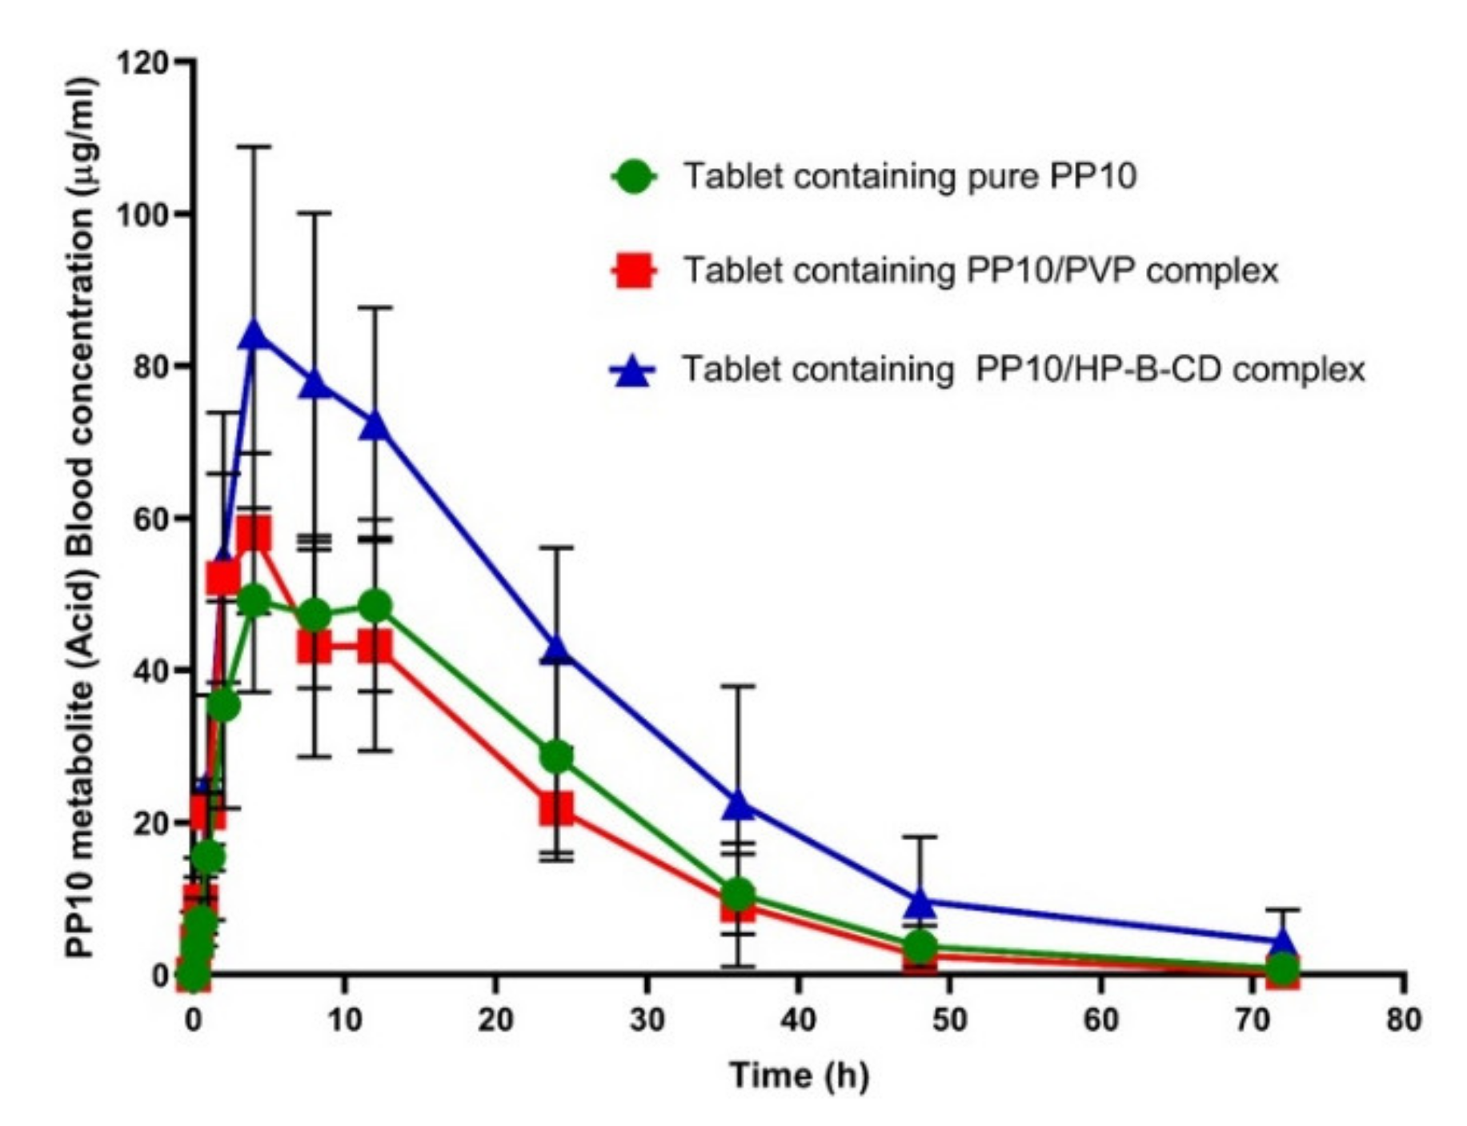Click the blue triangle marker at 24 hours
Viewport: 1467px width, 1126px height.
point(557,650)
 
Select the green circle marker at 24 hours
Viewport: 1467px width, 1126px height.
point(557,755)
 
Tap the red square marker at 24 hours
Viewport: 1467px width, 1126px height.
point(557,808)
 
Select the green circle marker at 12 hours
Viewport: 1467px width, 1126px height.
point(375,606)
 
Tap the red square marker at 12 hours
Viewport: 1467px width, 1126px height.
point(375,646)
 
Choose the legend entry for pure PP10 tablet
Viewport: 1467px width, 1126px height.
point(909,176)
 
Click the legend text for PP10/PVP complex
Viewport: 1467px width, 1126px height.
point(980,270)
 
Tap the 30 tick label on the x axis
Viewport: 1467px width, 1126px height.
point(646,1020)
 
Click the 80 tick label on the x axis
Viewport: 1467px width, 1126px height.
point(1404,1020)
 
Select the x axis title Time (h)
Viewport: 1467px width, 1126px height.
point(798,1075)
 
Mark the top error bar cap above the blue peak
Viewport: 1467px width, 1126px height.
point(254,147)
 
